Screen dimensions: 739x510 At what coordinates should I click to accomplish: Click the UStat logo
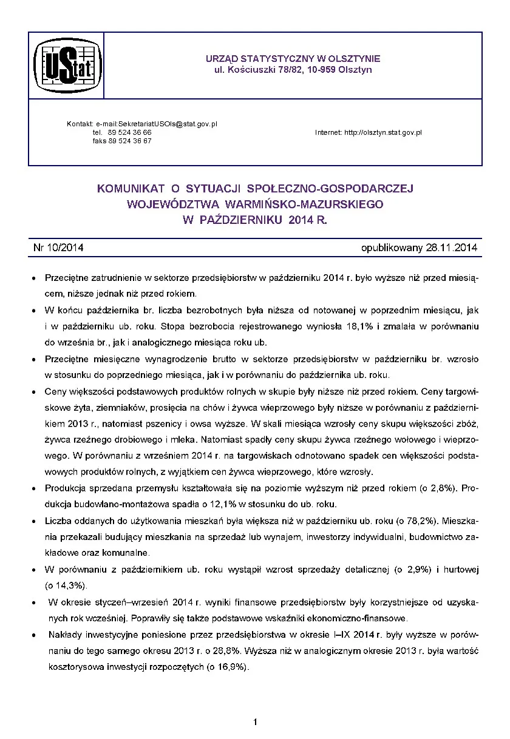coord(66,66)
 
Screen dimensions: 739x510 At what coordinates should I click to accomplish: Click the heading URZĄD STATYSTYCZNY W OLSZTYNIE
coord(293,59)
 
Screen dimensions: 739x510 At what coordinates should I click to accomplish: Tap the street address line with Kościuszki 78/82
coord(293,70)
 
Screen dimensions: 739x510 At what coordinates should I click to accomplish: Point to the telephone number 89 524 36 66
coord(130,132)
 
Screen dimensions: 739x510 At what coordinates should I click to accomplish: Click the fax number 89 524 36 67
coord(130,141)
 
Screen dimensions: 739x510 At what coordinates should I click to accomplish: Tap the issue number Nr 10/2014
coord(58,248)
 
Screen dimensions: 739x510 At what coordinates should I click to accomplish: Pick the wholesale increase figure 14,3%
coord(67,585)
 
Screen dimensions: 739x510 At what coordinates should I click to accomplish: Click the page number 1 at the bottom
coord(256,722)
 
